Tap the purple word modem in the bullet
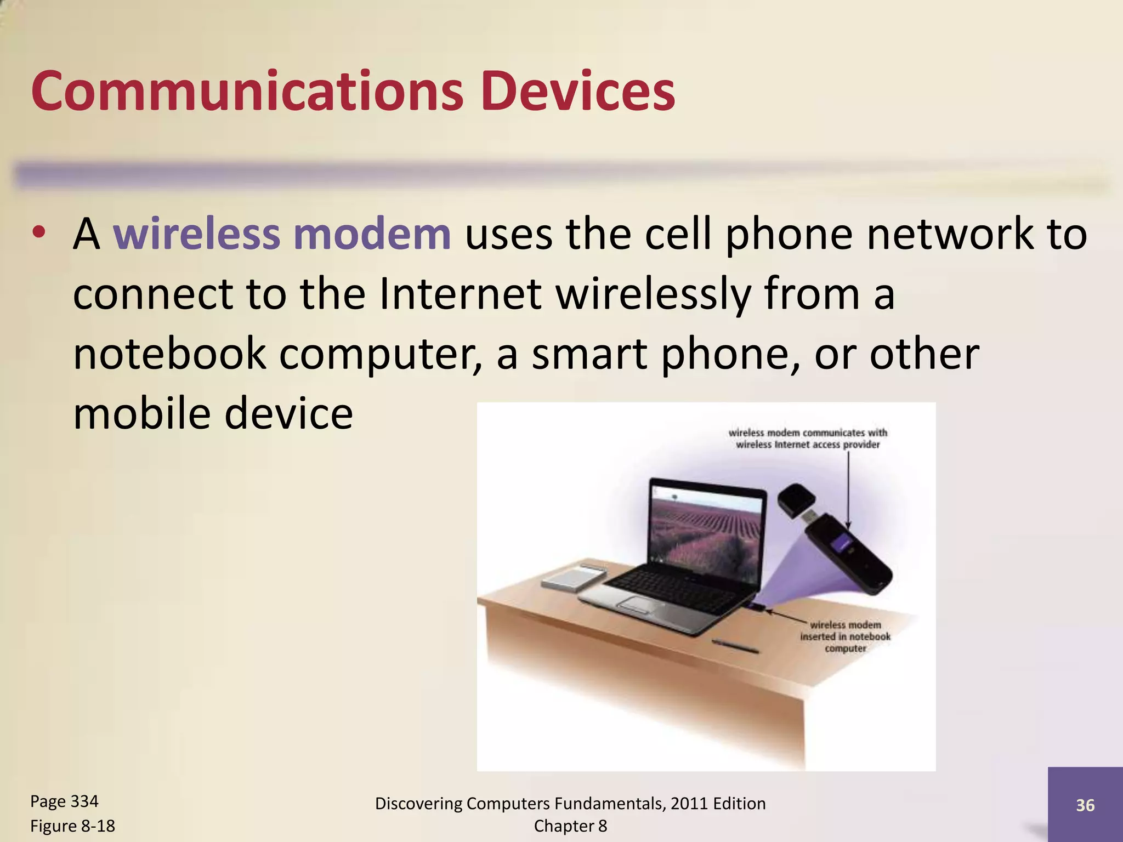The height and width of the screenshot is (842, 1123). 372,234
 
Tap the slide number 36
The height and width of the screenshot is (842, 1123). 1085,805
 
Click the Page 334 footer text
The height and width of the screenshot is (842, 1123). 64,801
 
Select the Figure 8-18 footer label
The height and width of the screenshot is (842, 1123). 72,826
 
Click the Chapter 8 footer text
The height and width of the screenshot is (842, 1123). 570,826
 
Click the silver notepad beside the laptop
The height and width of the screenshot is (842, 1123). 574,579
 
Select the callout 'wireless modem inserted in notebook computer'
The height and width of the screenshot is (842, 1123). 845,636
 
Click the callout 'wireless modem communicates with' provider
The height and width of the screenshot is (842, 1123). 807,439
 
